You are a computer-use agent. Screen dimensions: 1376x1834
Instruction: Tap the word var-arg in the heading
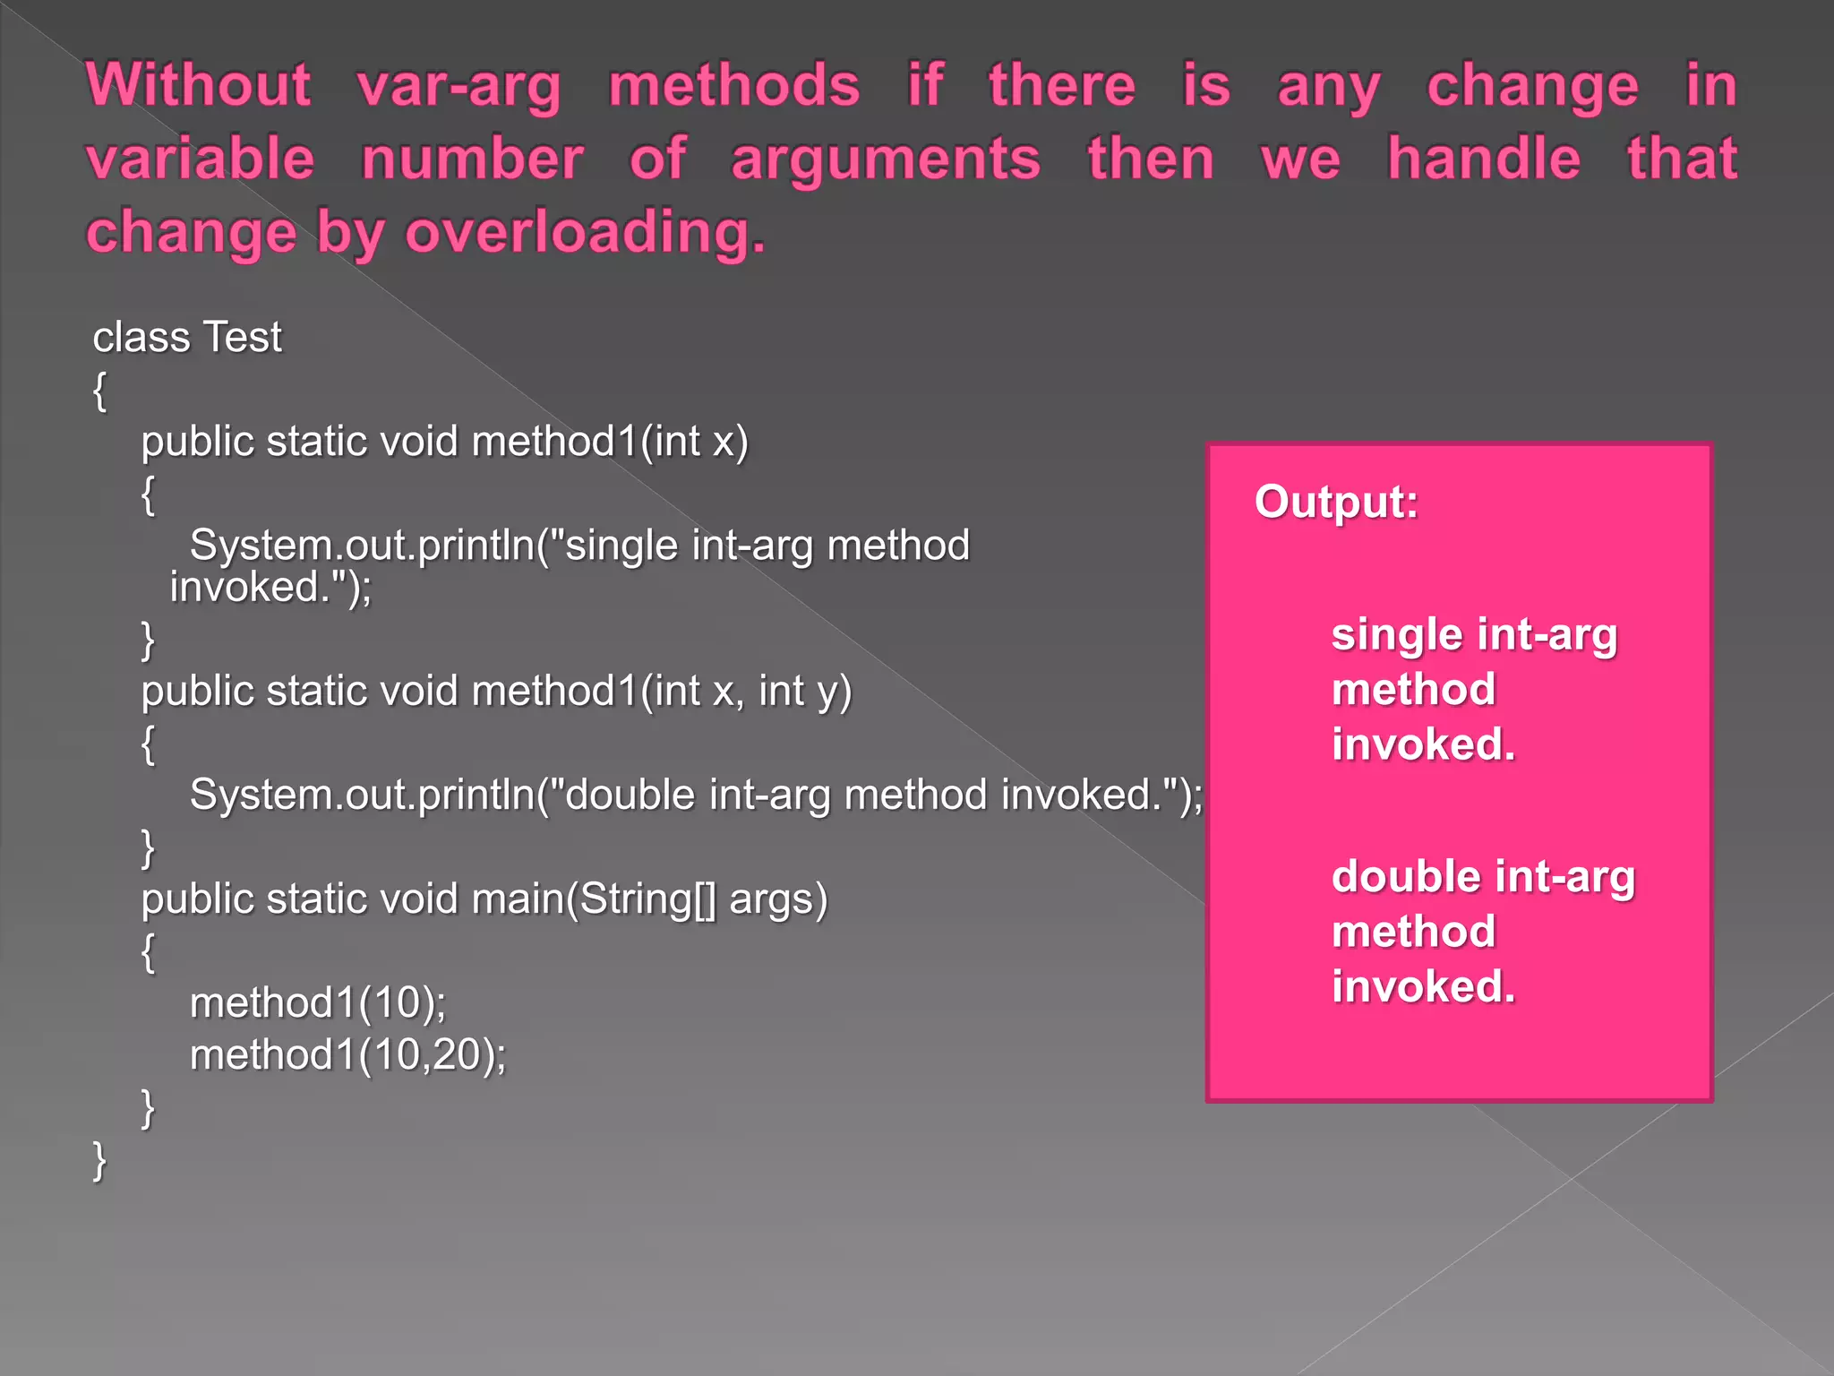click(458, 87)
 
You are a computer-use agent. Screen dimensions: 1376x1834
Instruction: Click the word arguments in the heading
click(886, 160)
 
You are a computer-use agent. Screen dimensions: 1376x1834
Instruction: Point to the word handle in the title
click(1484, 159)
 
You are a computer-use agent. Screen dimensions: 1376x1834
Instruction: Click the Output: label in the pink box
click(1336, 502)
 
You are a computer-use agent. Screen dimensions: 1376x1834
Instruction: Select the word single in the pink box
click(1398, 636)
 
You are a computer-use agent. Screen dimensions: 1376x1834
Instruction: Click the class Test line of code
click(187, 338)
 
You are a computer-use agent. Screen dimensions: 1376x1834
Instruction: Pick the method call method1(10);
click(318, 1002)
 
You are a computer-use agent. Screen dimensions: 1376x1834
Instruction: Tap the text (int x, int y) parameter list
click(746, 692)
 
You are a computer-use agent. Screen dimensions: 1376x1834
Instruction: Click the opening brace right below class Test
click(99, 391)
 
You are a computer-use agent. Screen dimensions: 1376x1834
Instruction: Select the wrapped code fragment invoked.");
click(270, 588)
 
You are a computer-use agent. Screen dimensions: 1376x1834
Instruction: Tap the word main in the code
click(518, 899)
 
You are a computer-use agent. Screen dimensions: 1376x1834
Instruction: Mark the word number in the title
click(472, 159)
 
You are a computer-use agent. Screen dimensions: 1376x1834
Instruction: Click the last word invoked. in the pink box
click(1423, 986)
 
